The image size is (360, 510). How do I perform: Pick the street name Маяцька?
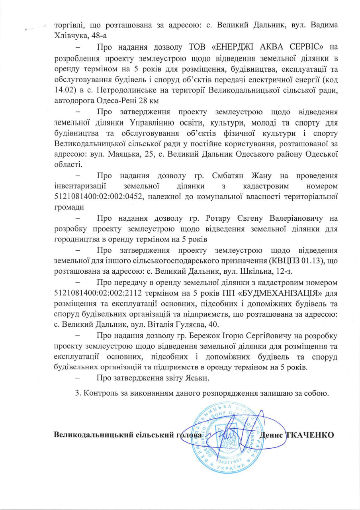[x=121, y=154]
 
